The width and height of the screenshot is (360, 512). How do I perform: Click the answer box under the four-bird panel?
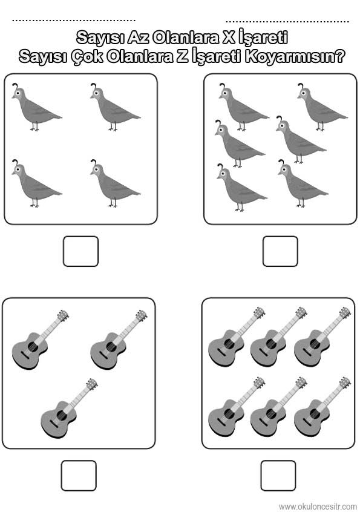80,251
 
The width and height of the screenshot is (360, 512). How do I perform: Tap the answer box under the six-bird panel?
280,251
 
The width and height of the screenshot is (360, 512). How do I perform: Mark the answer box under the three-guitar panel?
79,476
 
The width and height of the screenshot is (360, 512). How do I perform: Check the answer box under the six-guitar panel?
278,476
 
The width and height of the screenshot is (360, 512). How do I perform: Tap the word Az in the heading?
138,38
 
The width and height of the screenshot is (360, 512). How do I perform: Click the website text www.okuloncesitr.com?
318,507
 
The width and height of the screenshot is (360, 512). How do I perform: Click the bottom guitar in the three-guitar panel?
69,408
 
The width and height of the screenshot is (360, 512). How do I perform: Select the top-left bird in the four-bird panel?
36,107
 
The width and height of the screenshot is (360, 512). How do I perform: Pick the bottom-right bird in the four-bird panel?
115,183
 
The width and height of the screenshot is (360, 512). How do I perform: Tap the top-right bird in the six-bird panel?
322,107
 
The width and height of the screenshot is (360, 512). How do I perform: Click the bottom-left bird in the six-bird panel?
242,188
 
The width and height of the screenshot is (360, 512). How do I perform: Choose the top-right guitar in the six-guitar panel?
322,337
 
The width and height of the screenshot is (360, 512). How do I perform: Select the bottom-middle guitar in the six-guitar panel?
278,407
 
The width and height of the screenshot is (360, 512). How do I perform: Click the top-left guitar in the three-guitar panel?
40,340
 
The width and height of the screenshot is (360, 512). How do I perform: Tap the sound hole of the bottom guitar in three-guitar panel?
61,415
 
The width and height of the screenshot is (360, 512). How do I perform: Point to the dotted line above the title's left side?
74,21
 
